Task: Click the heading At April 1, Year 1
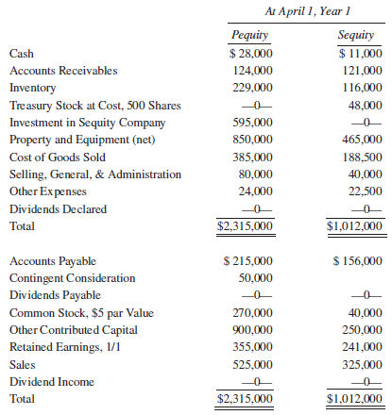point(305,11)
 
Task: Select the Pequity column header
point(250,36)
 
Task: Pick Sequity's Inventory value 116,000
point(361,88)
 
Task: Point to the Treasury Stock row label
point(94,106)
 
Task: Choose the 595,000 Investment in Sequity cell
point(252,123)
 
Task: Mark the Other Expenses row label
point(46,191)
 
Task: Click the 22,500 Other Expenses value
point(364,191)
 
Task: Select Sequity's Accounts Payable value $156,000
point(358,260)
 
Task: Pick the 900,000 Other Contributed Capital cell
point(252,329)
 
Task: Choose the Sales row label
point(23,364)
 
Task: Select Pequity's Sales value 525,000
point(252,364)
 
